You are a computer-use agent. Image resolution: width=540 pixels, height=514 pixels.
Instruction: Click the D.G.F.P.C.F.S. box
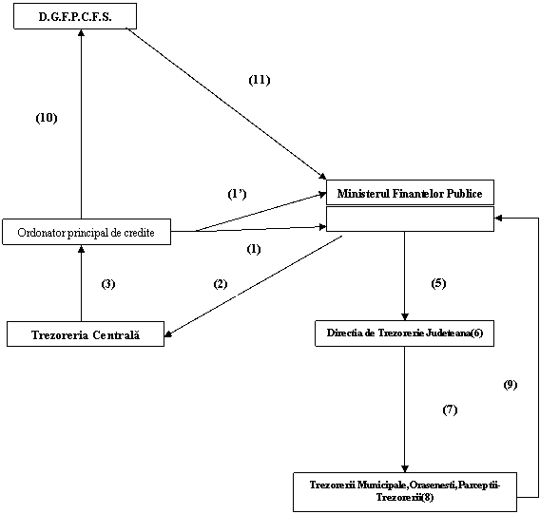[75, 16]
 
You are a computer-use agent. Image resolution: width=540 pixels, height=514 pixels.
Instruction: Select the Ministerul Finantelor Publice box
[410, 193]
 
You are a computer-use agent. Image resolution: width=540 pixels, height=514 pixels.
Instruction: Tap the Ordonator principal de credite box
[87, 232]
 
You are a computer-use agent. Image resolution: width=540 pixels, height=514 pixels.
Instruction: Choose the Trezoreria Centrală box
[86, 333]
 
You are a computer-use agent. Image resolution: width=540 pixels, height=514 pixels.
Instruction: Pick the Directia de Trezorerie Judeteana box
[405, 333]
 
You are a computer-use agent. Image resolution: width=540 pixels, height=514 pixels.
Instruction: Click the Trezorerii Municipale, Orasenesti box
[405, 492]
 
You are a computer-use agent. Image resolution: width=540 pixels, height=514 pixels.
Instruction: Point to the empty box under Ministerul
[410, 219]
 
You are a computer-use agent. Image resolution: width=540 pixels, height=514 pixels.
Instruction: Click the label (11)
[260, 80]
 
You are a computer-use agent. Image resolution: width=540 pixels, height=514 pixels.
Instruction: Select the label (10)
[47, 118]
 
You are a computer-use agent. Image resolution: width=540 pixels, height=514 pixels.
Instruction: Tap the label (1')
[238, 194]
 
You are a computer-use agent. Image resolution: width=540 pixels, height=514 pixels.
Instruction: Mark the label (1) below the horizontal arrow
[254, 249]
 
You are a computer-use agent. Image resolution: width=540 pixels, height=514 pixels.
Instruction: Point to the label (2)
[221, 284]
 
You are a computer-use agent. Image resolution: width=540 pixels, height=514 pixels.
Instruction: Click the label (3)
[108, 284]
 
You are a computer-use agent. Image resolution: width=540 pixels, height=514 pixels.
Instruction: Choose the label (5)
[438, 283]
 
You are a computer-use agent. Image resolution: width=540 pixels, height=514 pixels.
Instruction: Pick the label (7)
[450, 409]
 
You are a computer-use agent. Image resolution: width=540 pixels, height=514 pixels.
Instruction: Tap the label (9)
[511, 385]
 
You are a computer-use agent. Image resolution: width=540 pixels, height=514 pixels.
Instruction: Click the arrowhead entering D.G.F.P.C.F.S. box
[81, 32]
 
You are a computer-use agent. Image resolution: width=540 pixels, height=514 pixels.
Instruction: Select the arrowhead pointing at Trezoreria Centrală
[168, 333]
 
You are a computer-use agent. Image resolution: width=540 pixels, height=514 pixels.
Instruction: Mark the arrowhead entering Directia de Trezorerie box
[405, 317]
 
